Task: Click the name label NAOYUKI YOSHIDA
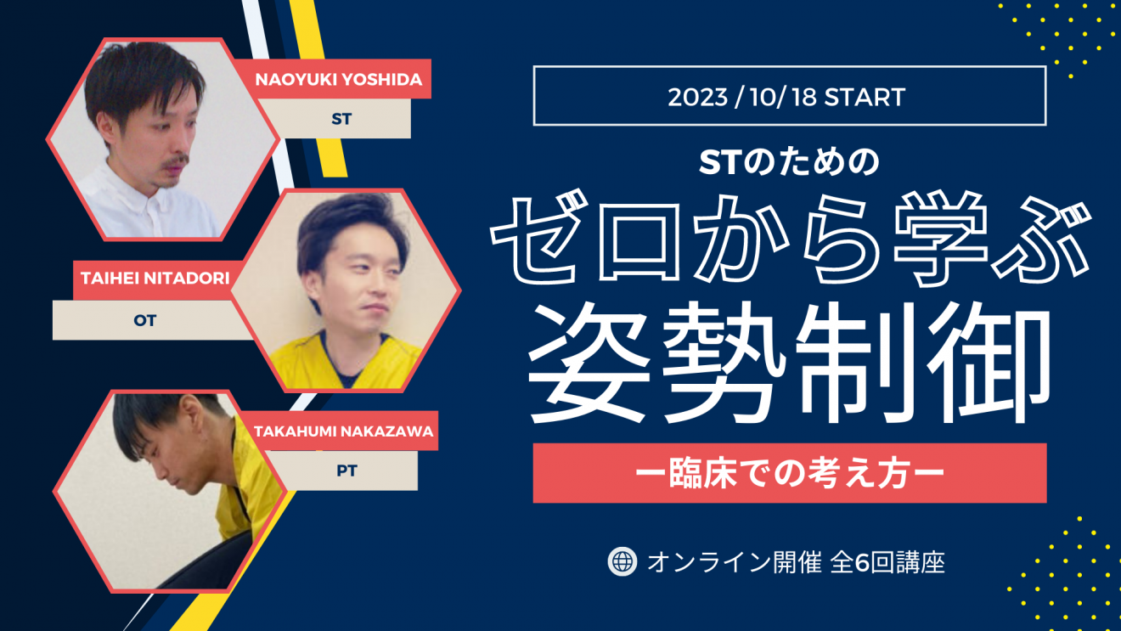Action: pos(338,80)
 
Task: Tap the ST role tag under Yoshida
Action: pos(341,119)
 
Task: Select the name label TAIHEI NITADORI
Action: pos(155,279)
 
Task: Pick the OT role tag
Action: pos(145,321)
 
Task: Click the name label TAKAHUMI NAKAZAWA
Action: pos(343,431)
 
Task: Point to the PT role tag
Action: pos(346,470)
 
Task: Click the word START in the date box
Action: pos(865,97)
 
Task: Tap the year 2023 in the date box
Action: pos(697,97)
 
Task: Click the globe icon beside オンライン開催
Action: pos(622,561)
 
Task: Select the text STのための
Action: pos(789,162)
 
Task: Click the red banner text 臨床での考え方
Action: pos(789,473)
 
